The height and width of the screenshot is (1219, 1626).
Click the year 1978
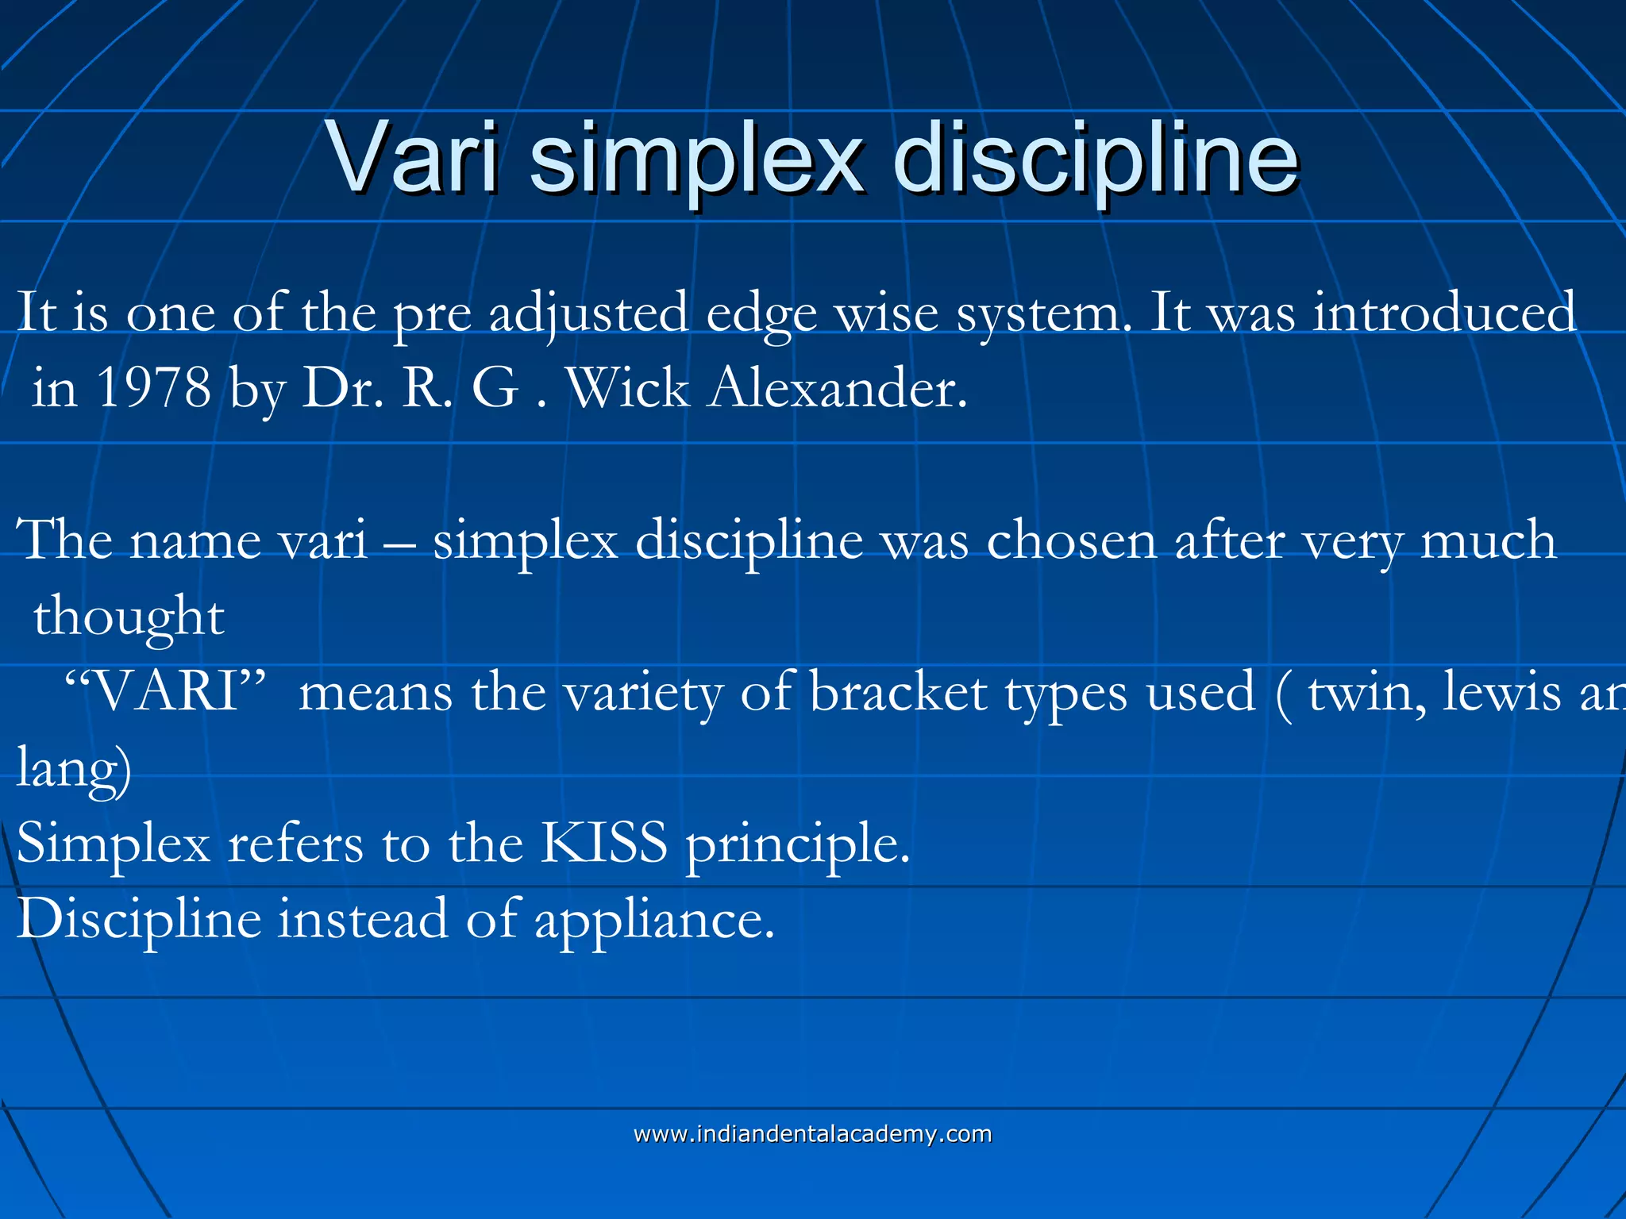(x=153, y=389)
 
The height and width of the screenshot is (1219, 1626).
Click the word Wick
(x=628, y=389)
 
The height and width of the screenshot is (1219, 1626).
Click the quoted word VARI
(x=164, y=692)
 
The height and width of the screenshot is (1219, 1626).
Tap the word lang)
(x=74, y=768)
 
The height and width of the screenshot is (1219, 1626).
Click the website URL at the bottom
(x=812, y=1134)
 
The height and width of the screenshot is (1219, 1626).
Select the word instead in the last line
(x=363, y=919)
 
